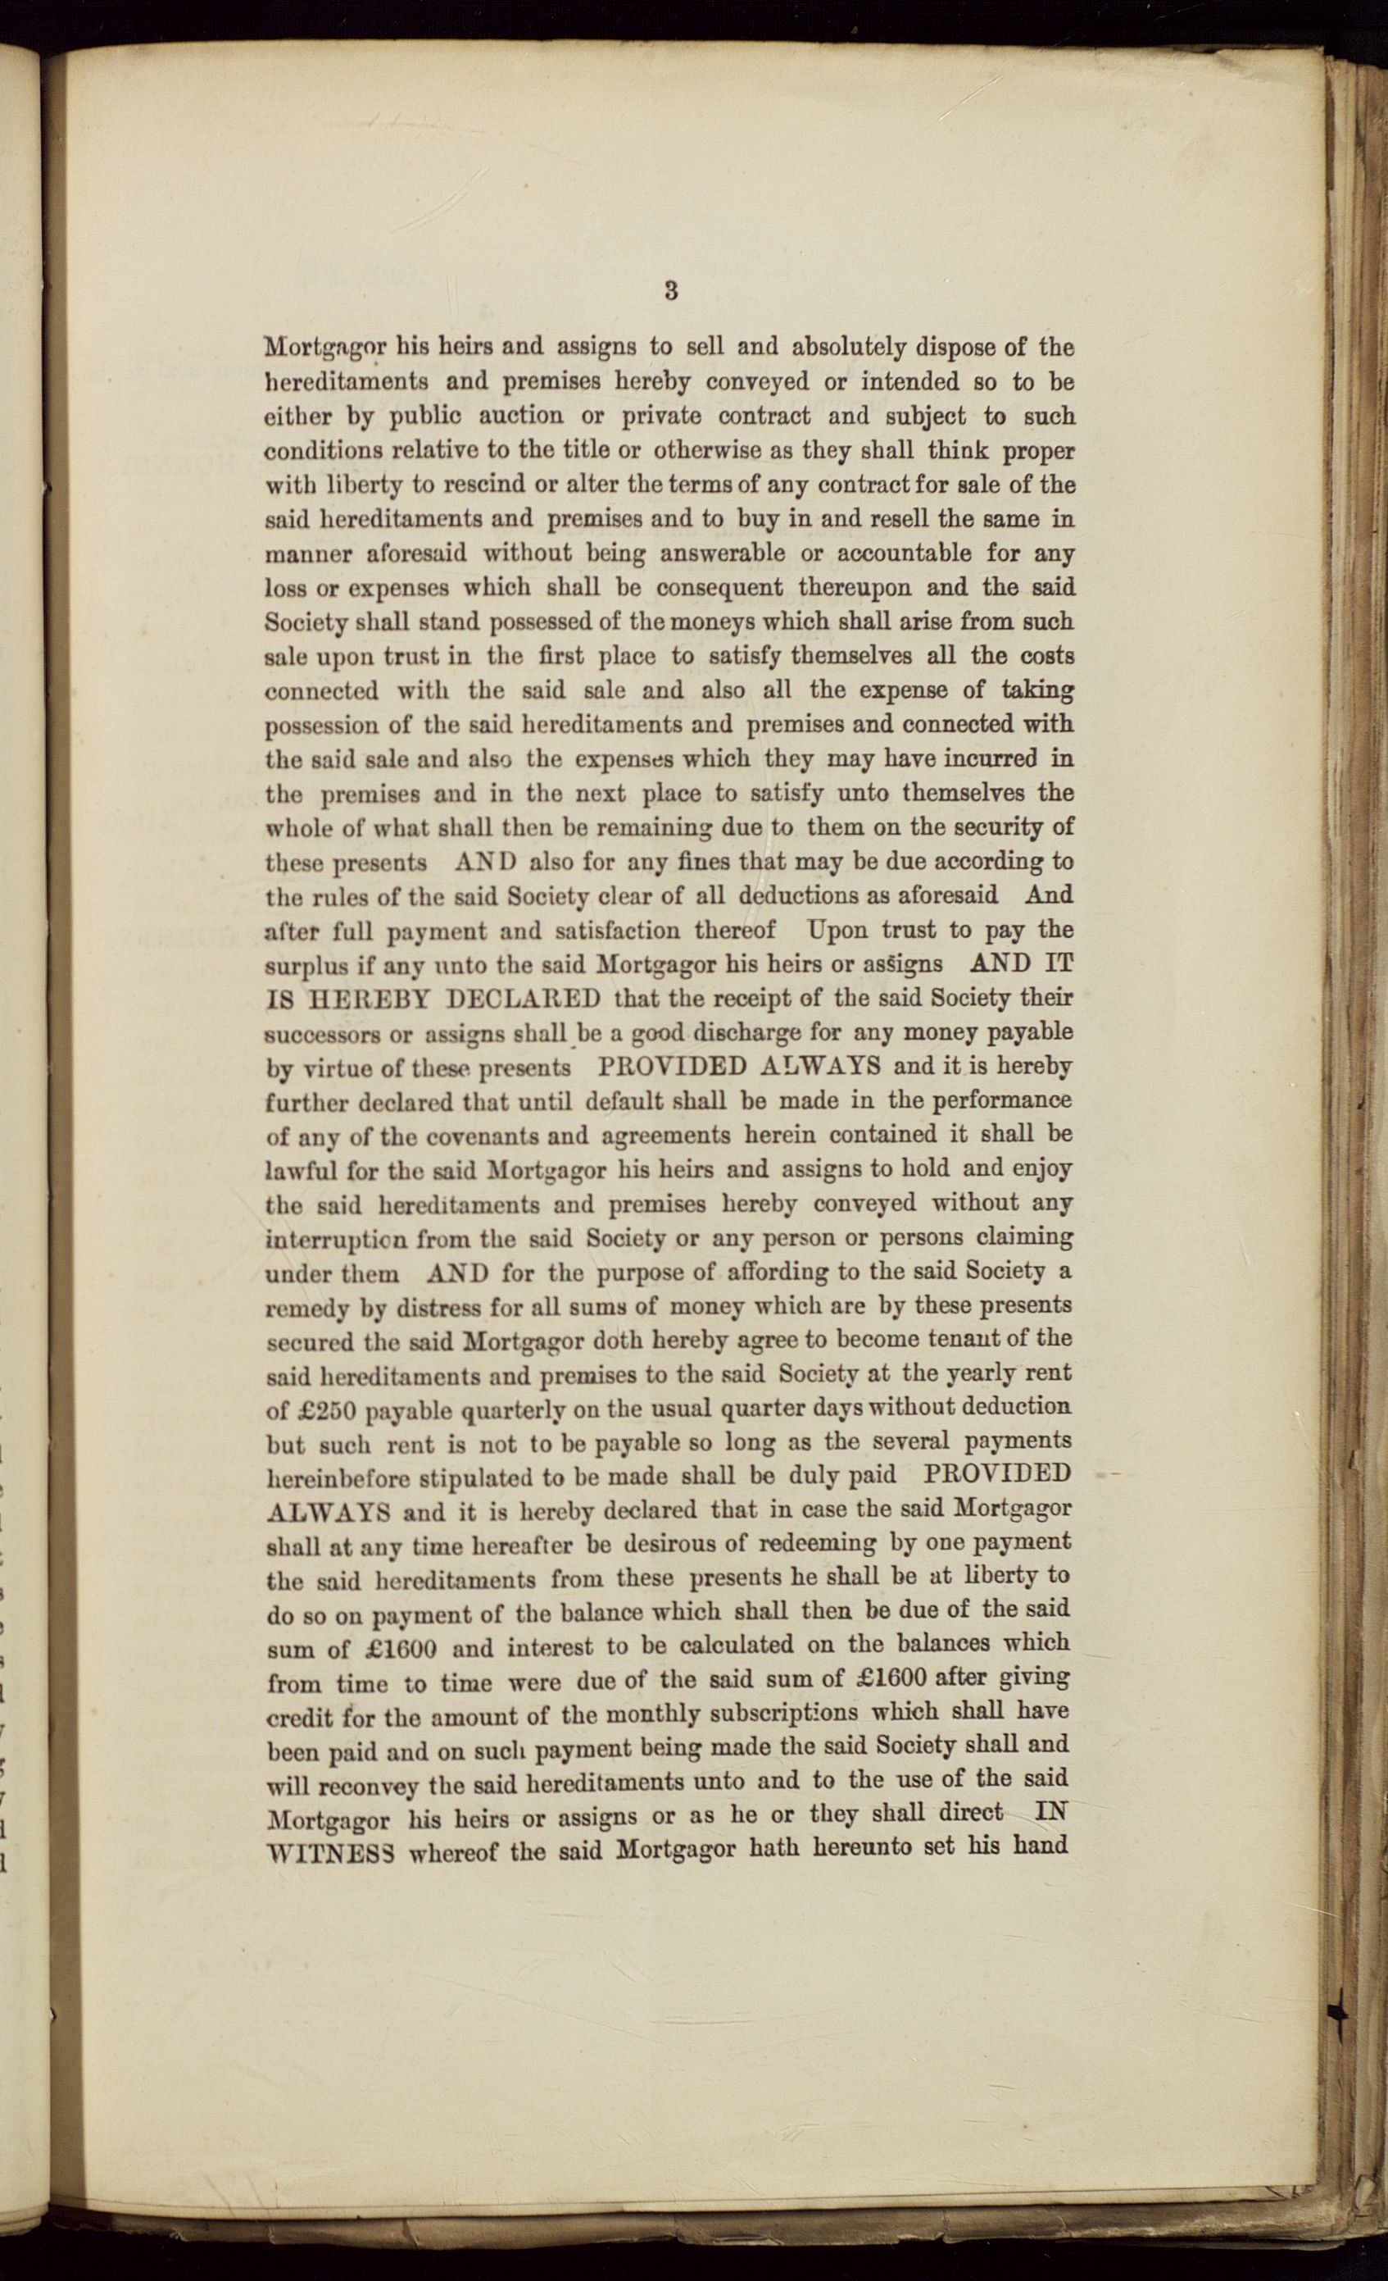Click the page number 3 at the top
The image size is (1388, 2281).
point(671,291)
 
